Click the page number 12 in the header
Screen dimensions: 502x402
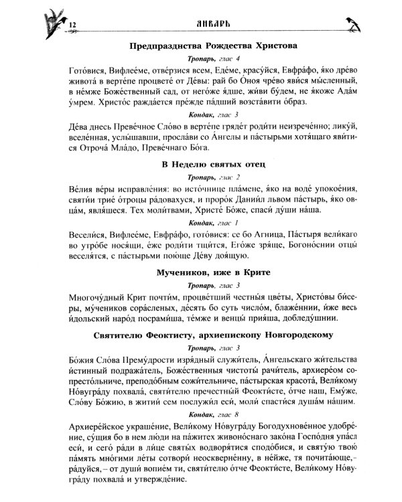pyautogui.click(x=74, y=25)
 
